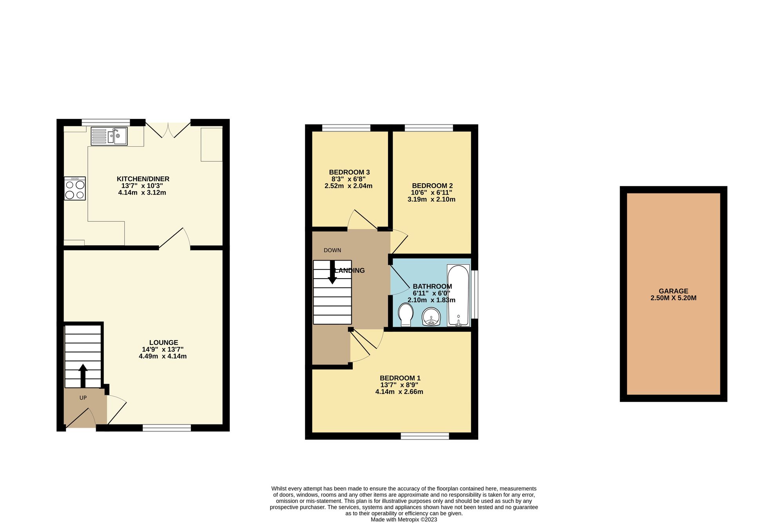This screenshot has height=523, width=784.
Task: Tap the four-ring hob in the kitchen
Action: (x=75, y=189)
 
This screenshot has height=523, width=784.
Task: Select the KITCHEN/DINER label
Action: (x=143, y=179)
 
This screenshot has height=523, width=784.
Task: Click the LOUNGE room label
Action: (x=163, y=343)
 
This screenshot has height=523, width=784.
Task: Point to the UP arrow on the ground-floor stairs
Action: (x=83, y=375)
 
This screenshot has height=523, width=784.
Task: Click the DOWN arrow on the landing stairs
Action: (x=332, y=274)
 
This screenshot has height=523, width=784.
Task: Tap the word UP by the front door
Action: (x=83, y=398)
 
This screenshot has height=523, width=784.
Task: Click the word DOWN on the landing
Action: (x=332, y=250)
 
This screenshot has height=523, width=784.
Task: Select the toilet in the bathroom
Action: (x=405, y=315)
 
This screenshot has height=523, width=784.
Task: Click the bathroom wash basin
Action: (x=432, y=317)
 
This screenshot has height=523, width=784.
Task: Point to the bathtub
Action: (x=458, y=295)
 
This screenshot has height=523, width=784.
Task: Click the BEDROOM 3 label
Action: (x=349, y=172)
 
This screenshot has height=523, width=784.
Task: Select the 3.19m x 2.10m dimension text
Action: (x=431, y=199)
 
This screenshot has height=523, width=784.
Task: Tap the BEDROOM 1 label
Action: (x=400, y=378)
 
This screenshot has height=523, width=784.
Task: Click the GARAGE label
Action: (x=673, y=291)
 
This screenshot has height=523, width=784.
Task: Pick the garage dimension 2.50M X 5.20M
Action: (x=673, y=298)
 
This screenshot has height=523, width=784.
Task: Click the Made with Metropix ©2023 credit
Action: (x=404, y=519)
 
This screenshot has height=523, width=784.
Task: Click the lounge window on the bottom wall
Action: (x=167, y=428)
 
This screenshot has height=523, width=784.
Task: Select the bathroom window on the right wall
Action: (x=474, y=294)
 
